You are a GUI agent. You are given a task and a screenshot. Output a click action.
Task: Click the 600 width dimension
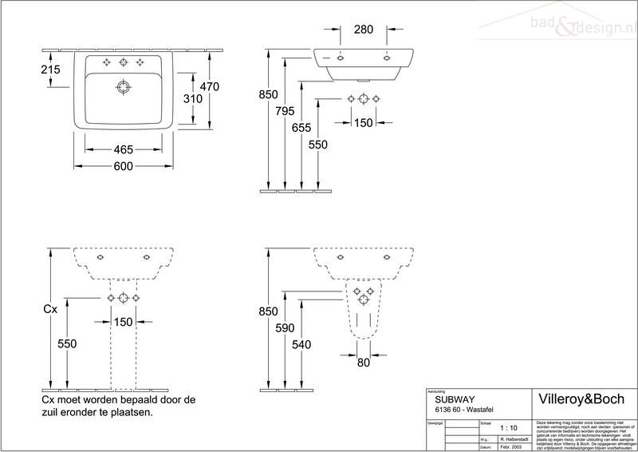(x=122, y=166)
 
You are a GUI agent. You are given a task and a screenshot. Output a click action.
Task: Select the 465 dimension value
(x=122, y=149)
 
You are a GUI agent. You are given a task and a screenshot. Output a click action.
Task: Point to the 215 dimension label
(x=50, y=70)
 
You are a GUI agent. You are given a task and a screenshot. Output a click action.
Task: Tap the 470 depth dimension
(x=209, y=86)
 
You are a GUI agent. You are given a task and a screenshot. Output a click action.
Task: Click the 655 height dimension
(x=301, y=126)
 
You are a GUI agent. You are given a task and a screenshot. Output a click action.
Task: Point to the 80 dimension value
(x=363, y=363)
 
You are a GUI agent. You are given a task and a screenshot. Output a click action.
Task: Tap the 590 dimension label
(x=285, y=328)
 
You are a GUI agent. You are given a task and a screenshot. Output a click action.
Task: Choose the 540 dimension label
(x=301, y=344)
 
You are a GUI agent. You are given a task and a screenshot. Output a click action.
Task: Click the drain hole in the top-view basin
(x=124, y=86)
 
